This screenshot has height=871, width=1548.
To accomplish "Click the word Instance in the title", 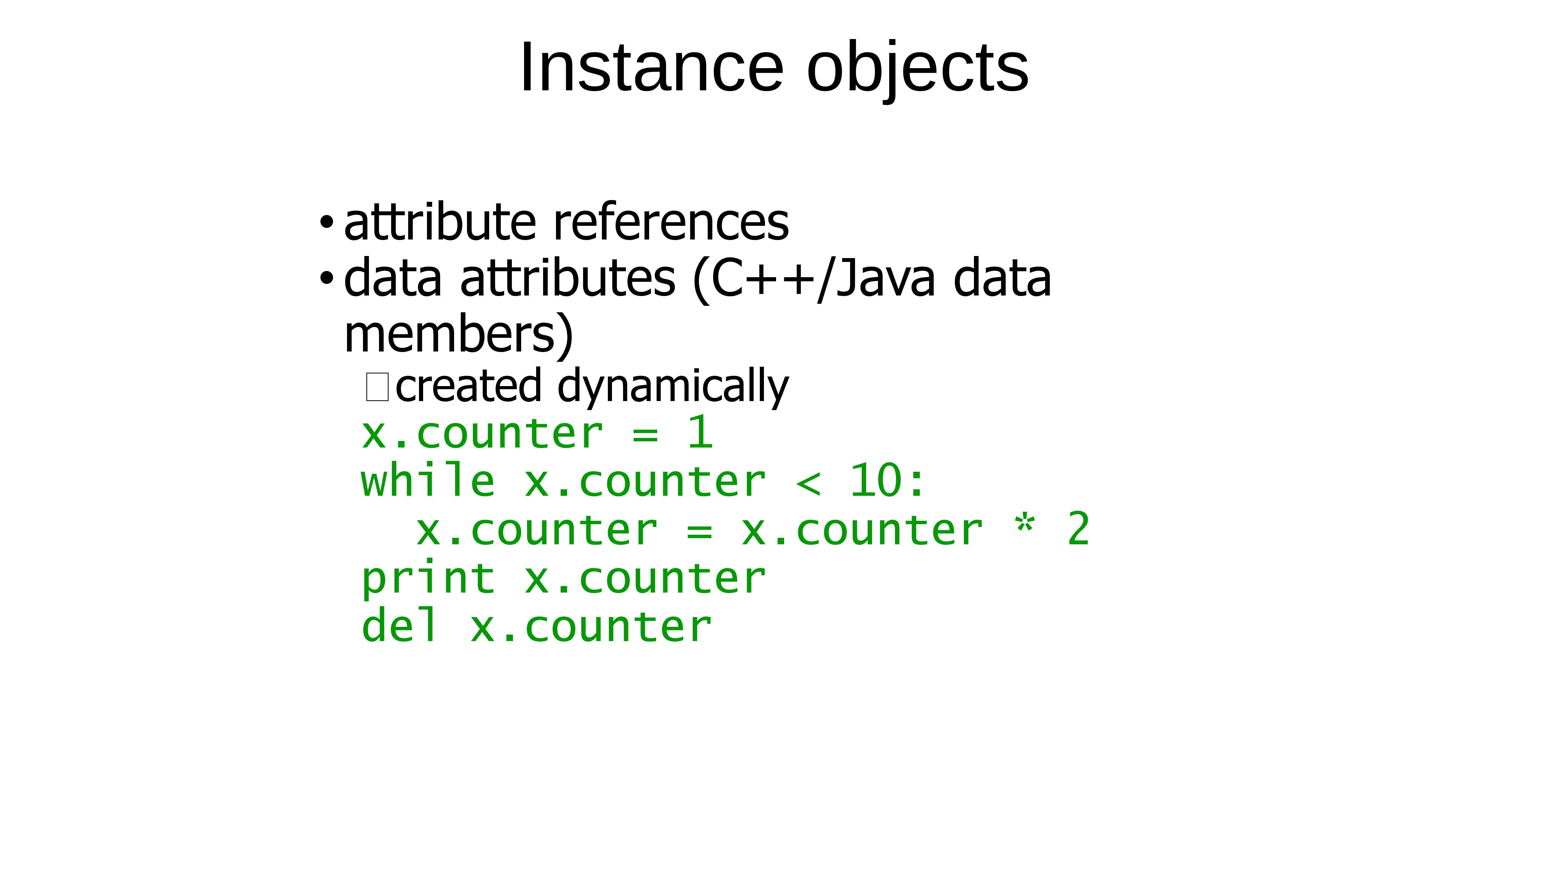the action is [x=652, y=67].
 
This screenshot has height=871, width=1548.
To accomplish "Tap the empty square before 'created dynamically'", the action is [x=377, y=387].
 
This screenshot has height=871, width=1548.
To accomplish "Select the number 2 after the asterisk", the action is [x=1079, y=529].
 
